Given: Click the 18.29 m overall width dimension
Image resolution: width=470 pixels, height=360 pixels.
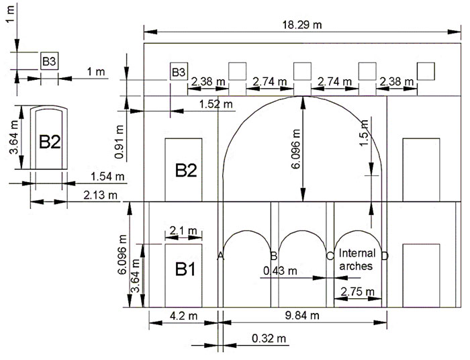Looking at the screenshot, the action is coord(302,25).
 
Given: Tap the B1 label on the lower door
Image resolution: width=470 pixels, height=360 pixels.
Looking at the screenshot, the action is coord(185,269).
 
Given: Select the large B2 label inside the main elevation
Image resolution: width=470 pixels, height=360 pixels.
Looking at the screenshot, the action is coord(186,171).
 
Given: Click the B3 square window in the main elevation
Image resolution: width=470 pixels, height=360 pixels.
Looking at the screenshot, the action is coord(179,71).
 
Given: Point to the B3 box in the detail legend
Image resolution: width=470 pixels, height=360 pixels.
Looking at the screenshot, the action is coord(49,61).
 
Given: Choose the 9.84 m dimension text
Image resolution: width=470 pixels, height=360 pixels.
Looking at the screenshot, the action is coord(302,315).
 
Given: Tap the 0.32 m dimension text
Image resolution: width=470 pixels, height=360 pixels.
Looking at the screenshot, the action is coord(269,339).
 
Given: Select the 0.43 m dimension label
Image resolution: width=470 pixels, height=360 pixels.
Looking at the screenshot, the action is coord(280,271).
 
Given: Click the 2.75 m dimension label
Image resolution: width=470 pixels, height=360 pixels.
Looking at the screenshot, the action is coord(358,291).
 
